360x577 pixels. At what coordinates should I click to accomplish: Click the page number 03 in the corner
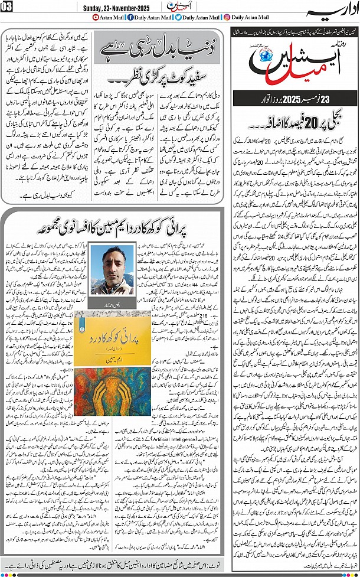point(9,6)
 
